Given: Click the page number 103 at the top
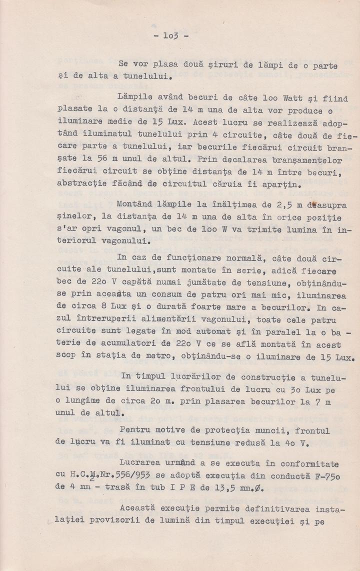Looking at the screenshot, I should coord(168,36).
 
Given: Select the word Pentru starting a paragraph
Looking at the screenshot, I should coord(135,429).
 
